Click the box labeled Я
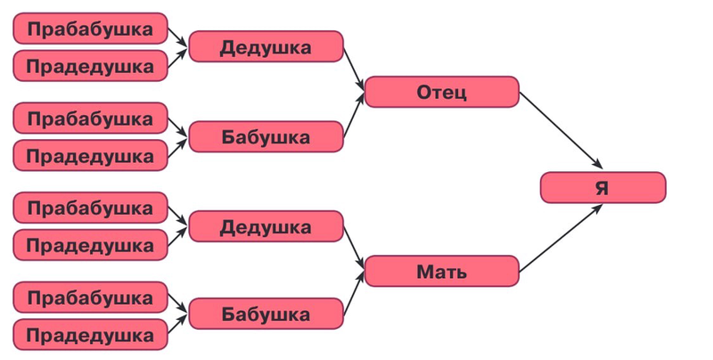[x=603, y=187]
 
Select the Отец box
[x=441, y=92]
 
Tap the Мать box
[x=441, y=271]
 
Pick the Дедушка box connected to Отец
[x=266, y=46]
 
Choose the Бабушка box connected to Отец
[x=266, y=136]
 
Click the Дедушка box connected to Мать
[x=266, y=226]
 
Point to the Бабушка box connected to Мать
[x=266, y=314]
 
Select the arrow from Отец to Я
[x=561, y=130]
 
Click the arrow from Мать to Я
[x=561, y=238]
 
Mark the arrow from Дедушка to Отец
[x=354, y=69]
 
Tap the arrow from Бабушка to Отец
[x=354, y=115]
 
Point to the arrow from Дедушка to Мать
[x=354, y=248]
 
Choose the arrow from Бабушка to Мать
[x=354, y=293]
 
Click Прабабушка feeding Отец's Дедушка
[x=91, y=29]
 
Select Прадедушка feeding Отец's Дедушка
[x=91, y=65]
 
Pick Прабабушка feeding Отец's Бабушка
[x=91, y=118]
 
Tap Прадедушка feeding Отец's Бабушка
[x=91, y=155]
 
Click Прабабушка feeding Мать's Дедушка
[x=91, y=208]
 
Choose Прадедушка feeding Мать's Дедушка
[x=91, y=244]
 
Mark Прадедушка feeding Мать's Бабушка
[x=91, y=334]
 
